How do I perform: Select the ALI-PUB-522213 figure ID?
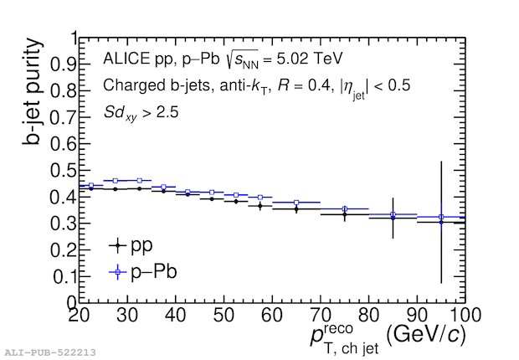49,352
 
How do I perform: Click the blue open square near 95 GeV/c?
441,218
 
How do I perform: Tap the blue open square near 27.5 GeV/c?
116,181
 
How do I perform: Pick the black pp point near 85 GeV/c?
393,218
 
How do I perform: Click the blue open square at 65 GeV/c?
296,203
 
